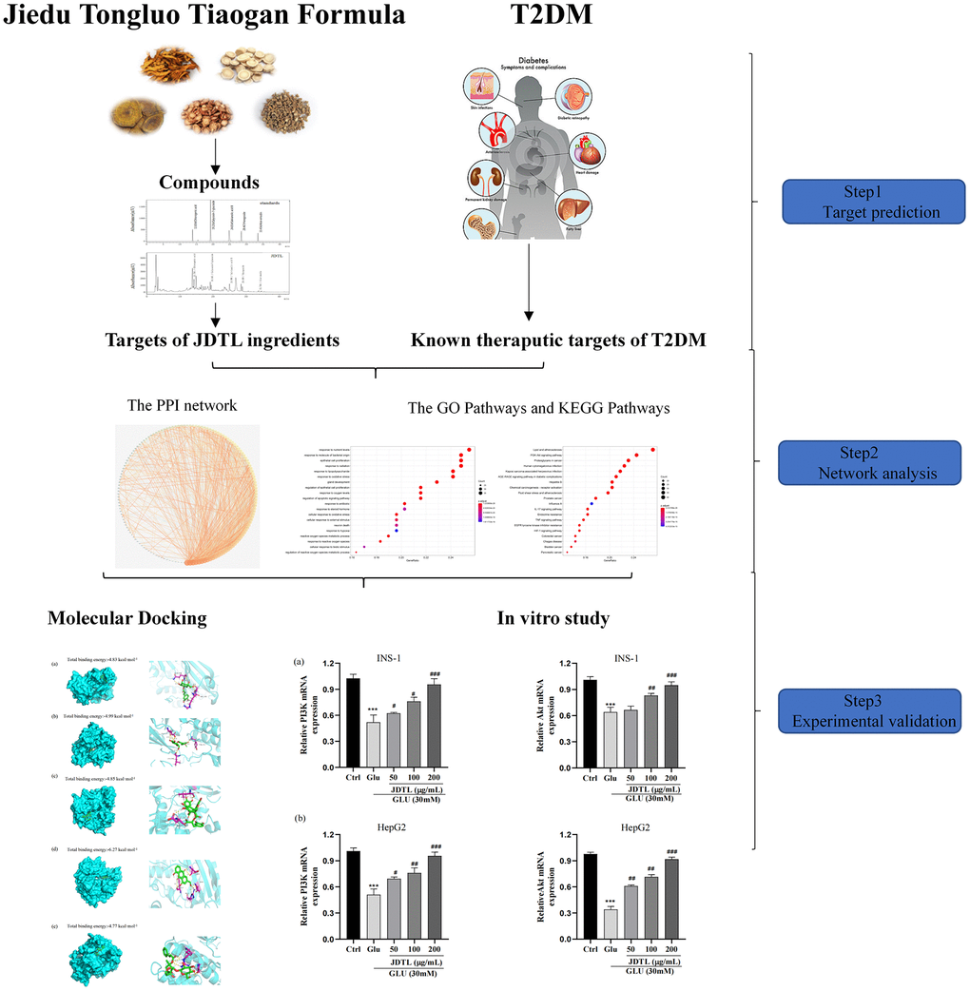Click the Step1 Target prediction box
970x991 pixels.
tap(868, 202)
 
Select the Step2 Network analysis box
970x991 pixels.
tap(868, 462)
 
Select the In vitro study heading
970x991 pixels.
tap(553, 618)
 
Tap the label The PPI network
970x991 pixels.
tap(183, 405)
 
